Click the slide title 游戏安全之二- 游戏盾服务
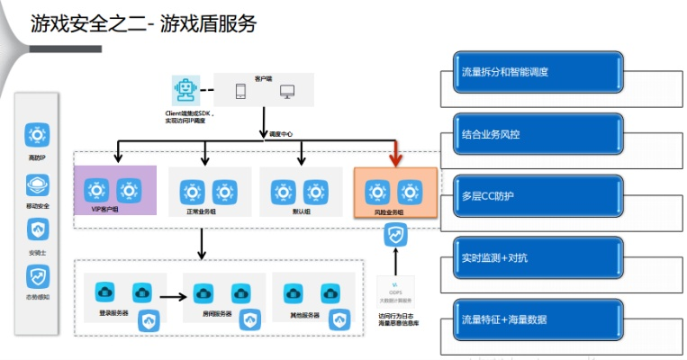(x=143, y=23)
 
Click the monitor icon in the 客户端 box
(x=287, y=91)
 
